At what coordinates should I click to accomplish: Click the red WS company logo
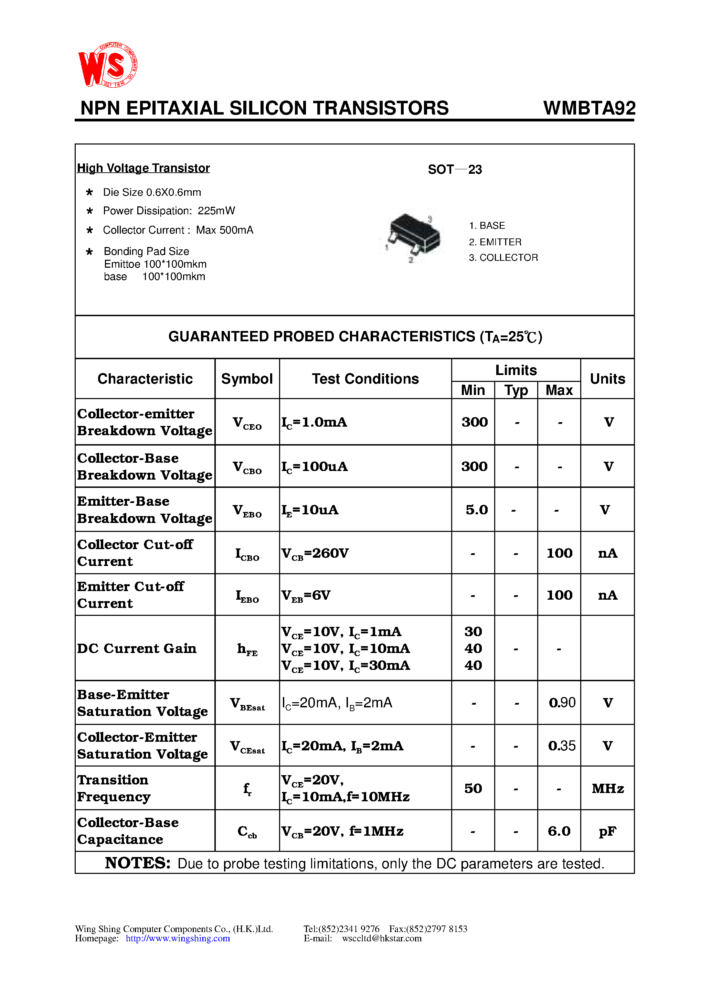[x=108, y=65]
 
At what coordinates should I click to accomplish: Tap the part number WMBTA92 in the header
[x=589, y=108]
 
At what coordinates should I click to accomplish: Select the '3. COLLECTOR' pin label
[x=503, y=258]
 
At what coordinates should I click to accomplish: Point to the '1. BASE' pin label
[x=487, y=226]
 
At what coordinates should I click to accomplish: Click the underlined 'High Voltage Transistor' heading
[x=144, y=168]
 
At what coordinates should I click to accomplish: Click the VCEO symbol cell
[x=247, y=423]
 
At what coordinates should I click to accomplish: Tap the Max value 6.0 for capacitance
[x=559, y=831]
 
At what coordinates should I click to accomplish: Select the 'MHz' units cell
[x=607, y=789]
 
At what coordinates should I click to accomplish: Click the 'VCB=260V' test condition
[x=315, y=553]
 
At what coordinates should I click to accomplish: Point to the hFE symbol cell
[x=247, y=649]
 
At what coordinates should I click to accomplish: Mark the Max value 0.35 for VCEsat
[x=562, y=746]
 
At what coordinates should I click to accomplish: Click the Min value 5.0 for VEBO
[x=477, y=510]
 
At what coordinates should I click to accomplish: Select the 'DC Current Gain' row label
[x=137, y=649]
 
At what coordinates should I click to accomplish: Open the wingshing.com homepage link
[x=178, y=939]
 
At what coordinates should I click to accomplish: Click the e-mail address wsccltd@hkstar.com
[x=381, y=939]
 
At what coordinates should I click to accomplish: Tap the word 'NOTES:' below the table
[x=138, y=863]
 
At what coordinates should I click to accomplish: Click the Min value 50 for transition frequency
[x=473, y=789]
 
